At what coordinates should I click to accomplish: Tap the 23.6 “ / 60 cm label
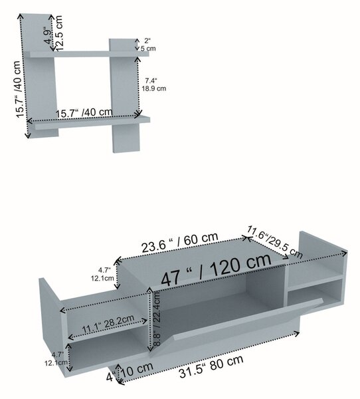click(x=180, y=243)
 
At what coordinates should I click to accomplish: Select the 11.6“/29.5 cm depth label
click(x=275, y=241)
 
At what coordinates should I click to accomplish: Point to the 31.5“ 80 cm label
click(x=211, y=366)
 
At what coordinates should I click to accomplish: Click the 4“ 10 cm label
click(x=130, y=372)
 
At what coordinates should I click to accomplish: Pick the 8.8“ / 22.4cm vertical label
click(x=157, y=319)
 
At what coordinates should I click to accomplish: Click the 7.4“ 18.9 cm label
click(x=154, y=84)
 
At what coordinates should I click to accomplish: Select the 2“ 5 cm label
click(x=148, y=45)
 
